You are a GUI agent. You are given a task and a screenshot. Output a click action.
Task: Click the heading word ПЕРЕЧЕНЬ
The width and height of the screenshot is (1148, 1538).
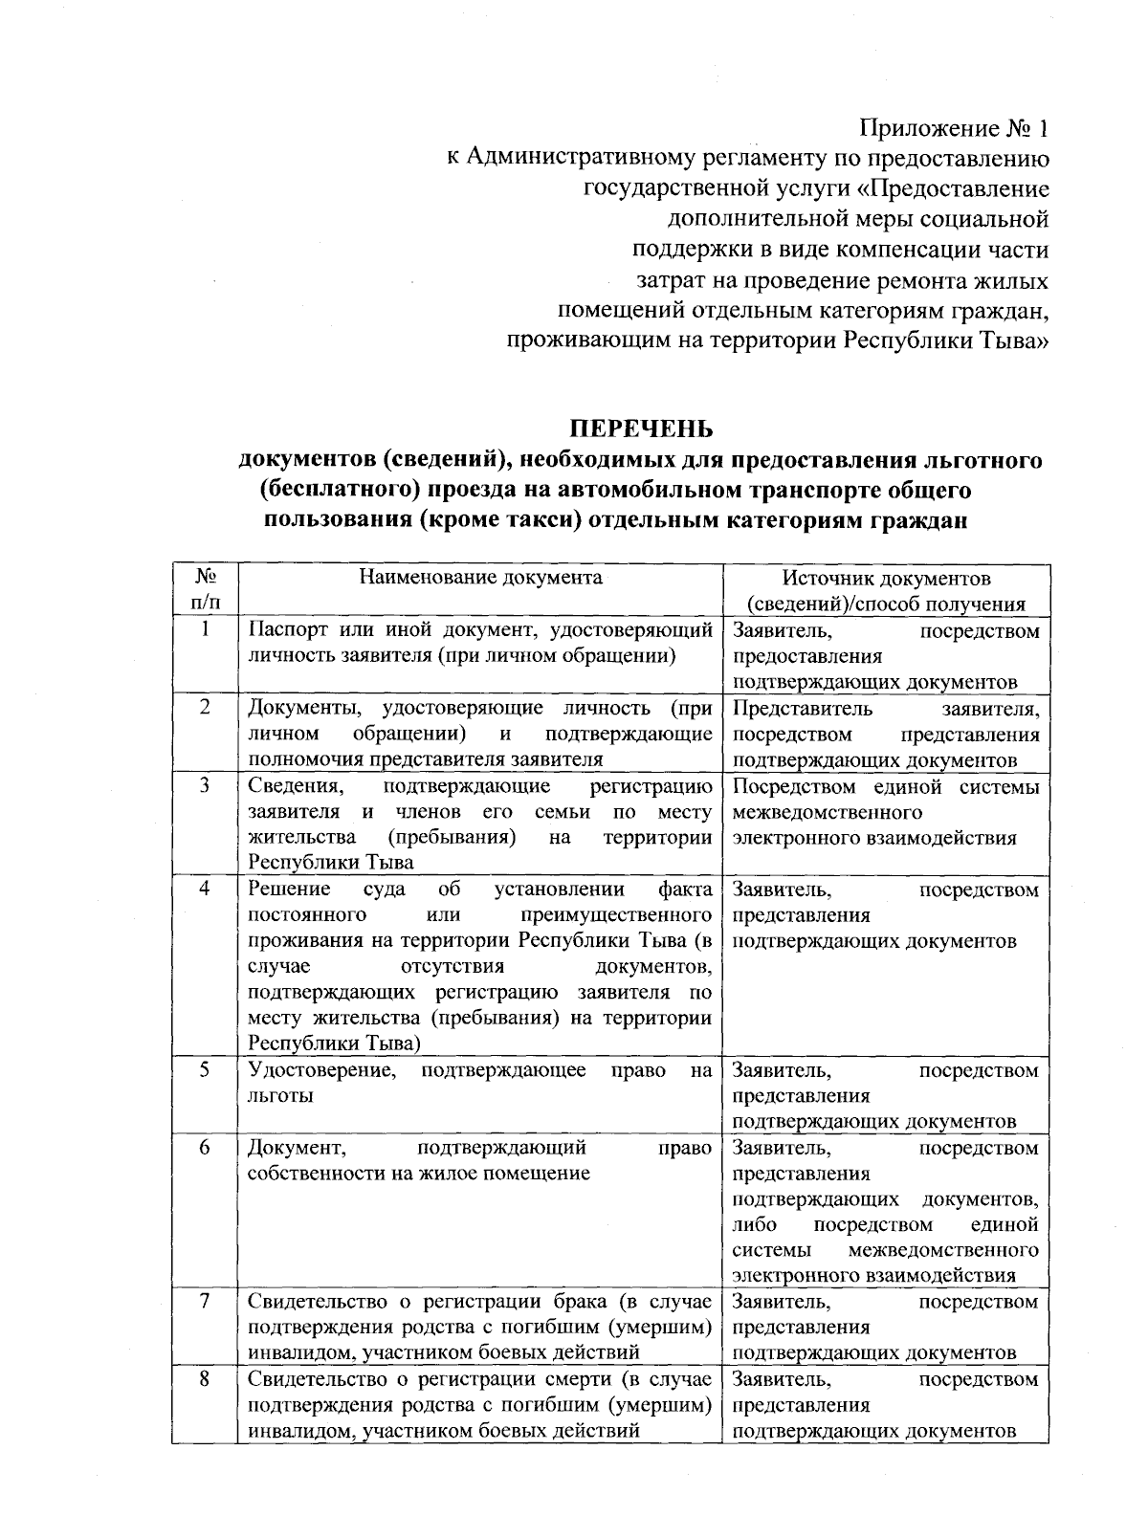point(643,428)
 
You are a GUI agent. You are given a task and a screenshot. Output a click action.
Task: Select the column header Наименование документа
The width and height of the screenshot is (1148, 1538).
point(480,577)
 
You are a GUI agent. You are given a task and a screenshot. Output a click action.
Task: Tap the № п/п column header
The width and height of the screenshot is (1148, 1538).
point(205,589)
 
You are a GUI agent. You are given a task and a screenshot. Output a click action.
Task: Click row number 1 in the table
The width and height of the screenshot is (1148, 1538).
point(205,629)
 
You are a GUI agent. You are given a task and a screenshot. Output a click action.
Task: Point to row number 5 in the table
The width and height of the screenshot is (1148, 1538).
point(205,1069)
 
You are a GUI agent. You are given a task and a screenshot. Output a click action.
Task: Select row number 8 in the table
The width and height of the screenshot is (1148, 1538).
point(205,1379)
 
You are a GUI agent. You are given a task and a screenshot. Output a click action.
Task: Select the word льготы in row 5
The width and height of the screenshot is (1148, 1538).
point(280,1096)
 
